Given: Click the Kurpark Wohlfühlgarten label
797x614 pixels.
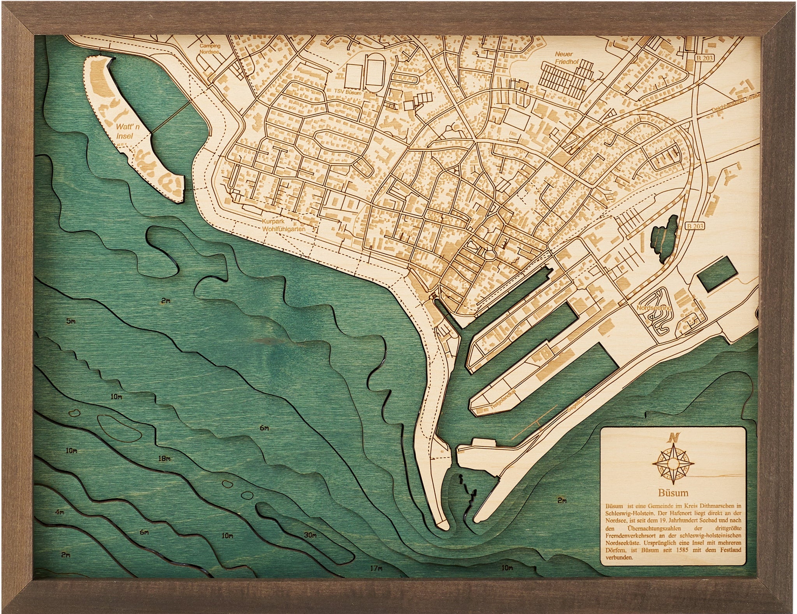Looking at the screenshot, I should coord(283,226).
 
